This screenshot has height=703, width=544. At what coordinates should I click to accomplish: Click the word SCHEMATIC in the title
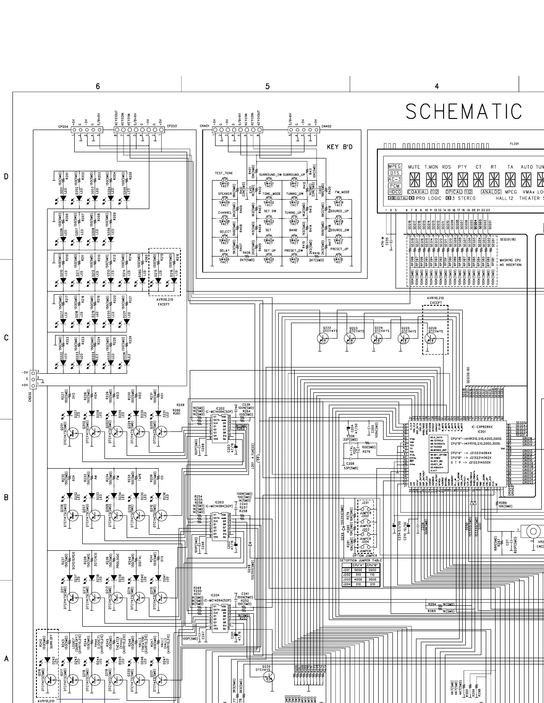click(464, 112)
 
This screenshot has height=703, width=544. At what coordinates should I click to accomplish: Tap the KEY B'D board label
click(340, 147)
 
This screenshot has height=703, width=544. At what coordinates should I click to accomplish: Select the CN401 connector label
click(204, 126)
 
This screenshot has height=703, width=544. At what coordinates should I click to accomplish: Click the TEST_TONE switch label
click(224, 173)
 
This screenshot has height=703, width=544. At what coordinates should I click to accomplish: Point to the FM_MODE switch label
click(342, 192)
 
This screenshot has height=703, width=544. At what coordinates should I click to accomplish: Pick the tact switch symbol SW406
click(224, 259)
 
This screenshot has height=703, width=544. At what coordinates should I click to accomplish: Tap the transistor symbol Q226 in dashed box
click(430, 338)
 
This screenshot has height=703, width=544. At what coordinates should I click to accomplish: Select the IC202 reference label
click(220, 408)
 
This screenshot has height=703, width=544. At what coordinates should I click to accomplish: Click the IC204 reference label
click(215, 595)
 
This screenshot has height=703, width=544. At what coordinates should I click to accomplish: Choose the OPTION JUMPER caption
click(364, 555)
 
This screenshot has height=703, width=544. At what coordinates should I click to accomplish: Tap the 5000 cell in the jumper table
click(358, 570)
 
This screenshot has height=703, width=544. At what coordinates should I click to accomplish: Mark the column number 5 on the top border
click(267, 87)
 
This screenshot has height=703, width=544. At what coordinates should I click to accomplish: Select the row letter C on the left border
click(6, 338)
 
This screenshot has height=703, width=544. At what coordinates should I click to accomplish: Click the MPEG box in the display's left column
click(394, 166)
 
